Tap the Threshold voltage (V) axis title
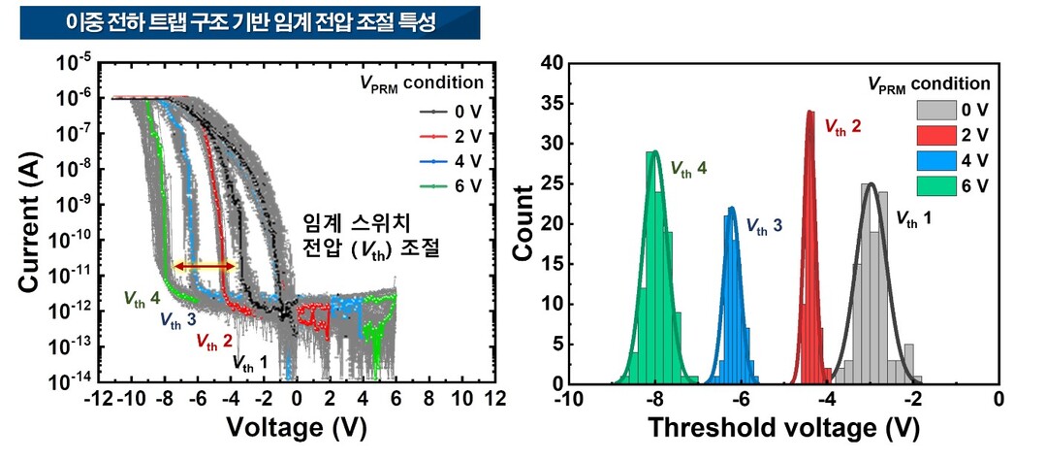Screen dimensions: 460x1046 pyautogui.click(x=782, y=427)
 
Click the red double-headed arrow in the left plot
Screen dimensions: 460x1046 pyautogui.click(x=204, y=266)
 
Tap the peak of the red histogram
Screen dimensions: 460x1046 pyautogui.click(x=810, y=113)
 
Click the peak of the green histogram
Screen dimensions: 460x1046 pyautogui.click(x=656, y=152)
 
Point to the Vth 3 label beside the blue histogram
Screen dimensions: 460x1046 pyautogui.click(x=764, y=226)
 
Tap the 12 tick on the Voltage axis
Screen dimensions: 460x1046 pyautogui.click(x=495, y=399)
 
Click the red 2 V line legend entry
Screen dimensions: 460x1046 pyautogui.click(x=444, y=136)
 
